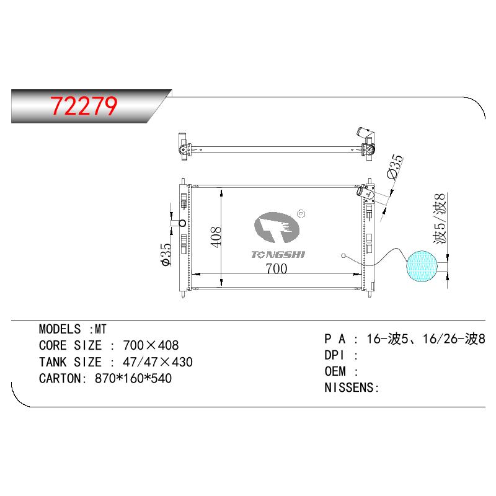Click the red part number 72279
click(84, 105)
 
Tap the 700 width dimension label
click(277, 268)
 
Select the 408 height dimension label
click(216, 237)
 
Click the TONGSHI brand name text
click(278, 255)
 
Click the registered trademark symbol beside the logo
click(301, 214)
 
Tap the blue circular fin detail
click(422, 266)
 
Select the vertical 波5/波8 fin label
click(440, 219)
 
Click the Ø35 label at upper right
click(396, 166)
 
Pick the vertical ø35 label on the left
click(166, 255)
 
